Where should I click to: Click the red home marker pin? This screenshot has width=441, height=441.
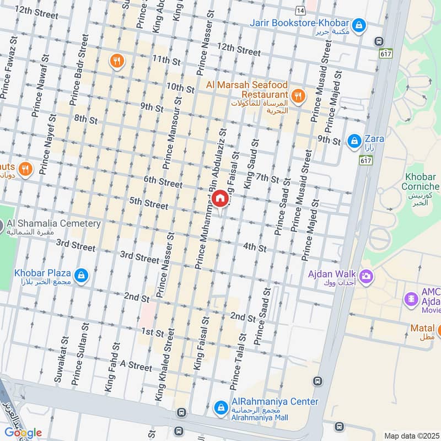pos(219,198)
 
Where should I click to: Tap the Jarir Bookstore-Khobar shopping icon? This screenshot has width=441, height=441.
pos(359,24)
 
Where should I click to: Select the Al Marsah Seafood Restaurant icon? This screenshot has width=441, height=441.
pos(298,96)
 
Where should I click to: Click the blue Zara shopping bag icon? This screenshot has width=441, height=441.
pos(354,141)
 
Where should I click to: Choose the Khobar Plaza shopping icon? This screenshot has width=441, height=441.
pos(81,275)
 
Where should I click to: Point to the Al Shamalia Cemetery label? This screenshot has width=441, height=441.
pos(53,224)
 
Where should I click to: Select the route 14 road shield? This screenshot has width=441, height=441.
pos(299,10)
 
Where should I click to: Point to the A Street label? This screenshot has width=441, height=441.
pos(136,366)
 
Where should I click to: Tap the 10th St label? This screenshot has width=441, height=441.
pos(180,88)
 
